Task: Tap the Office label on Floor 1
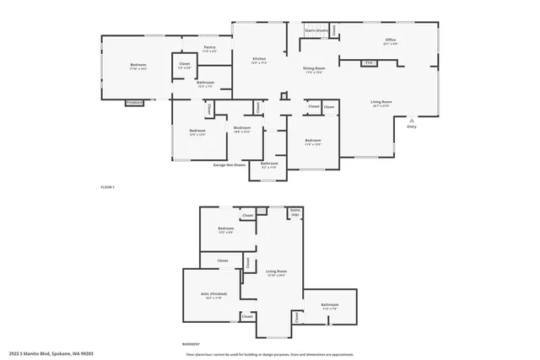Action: (391, 40)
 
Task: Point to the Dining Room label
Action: (315, 69)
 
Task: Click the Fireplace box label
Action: (134, 102)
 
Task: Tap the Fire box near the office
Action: (369, 62)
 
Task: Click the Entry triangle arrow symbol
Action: (412, 121)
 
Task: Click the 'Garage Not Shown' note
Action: (229, 165)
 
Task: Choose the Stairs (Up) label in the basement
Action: (295, 212)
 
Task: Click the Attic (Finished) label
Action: (212, 295)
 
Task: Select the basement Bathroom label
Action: (330, 305)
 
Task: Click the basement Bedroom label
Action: (226, 229)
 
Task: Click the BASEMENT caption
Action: (191, 344)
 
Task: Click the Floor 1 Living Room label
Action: (381, 103)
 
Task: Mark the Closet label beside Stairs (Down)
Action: (334, 30)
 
